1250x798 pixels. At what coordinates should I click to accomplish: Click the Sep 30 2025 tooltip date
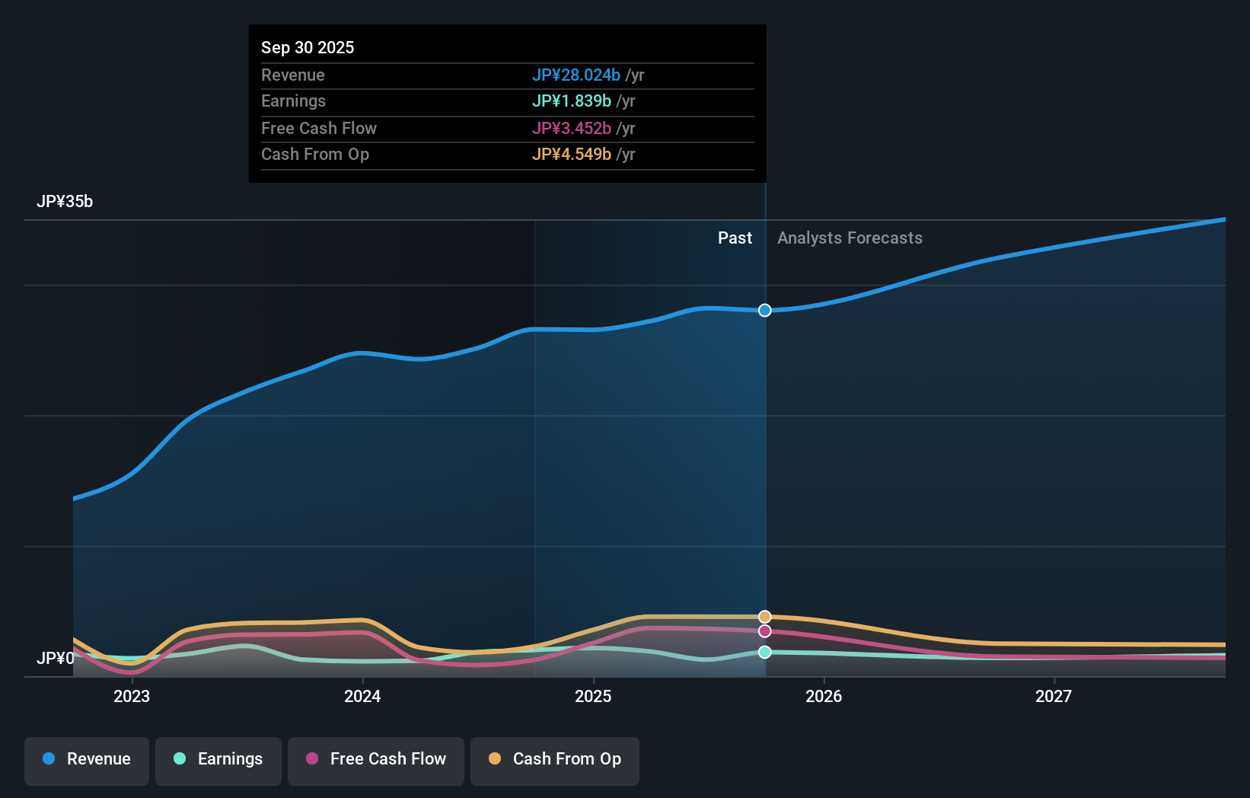(308, 47)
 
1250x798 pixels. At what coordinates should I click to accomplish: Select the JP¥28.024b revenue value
(576, 75)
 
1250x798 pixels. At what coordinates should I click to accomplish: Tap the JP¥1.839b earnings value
(571, 101)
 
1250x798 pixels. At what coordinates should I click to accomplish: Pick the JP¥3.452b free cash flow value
(571, 128)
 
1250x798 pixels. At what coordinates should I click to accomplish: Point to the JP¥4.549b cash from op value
(571, 154)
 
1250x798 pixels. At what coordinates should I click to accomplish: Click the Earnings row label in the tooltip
(293, 101)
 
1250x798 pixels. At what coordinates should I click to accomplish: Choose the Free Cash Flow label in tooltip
(318, 128)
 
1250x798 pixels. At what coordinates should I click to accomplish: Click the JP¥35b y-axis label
(65, 201)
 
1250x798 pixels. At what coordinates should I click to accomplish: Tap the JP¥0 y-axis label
(56, 658)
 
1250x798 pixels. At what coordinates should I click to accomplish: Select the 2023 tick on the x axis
(132, 696)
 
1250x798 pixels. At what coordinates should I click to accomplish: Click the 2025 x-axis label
(593, 696)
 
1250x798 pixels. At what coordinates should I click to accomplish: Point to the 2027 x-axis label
(1054, 696)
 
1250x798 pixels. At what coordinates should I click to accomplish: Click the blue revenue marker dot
(765, 310)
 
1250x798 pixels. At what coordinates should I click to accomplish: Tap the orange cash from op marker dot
(765, 617)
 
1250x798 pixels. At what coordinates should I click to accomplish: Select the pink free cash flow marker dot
(765, 631)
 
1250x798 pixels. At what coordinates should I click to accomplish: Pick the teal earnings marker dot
(765, 652)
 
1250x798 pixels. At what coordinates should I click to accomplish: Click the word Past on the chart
(735, 238)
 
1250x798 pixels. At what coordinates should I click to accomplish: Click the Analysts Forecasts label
(850, 238)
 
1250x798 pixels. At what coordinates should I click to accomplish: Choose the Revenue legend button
(87, 759)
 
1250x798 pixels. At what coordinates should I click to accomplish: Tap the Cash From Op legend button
(555, 759)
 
